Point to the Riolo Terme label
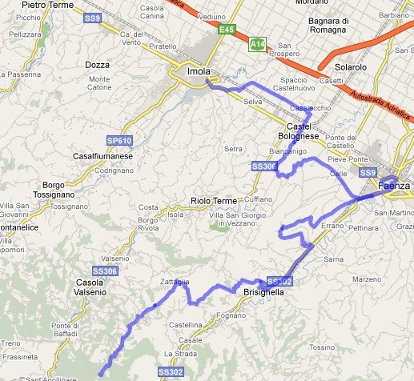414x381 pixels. tap(212, 201)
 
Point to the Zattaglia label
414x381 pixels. tap(175, 283)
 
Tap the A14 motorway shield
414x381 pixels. tap(257, 45)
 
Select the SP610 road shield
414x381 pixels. tap(119, 141)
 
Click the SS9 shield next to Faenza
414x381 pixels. tap(368, 173)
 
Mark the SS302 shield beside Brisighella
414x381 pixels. tap(279, 281)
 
